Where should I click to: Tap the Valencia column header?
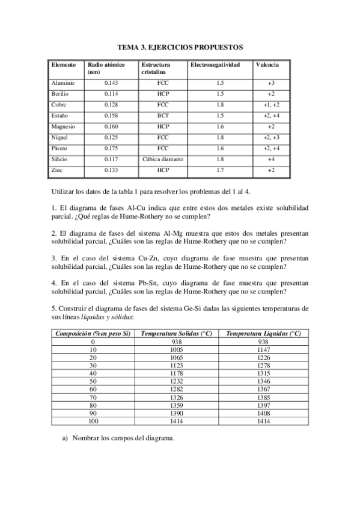267,64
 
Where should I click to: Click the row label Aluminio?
63,83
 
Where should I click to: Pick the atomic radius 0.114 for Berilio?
111,94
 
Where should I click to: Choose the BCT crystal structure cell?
162,116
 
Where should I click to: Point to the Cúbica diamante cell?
163,160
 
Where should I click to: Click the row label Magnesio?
64,127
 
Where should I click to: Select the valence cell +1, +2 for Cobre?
271,105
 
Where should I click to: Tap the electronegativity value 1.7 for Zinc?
220,171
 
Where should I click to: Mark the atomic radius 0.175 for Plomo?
111,149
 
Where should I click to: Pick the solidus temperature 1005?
176,349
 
